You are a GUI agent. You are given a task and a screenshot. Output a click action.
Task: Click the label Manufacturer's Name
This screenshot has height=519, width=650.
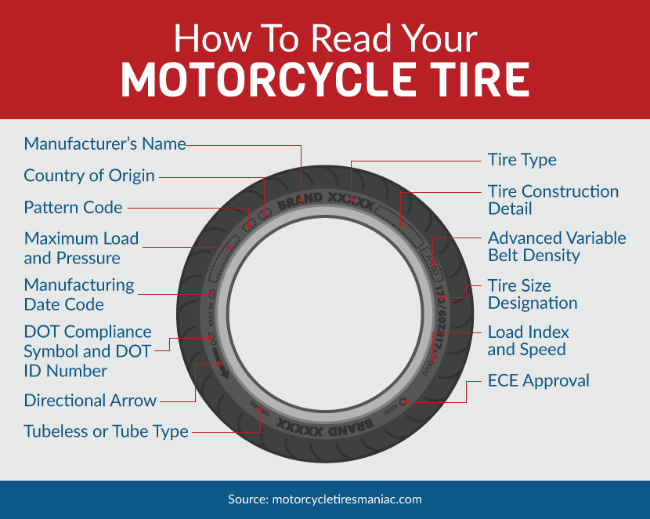click(105, 144)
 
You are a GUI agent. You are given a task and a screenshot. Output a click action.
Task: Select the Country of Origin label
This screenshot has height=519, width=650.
click(89, 176)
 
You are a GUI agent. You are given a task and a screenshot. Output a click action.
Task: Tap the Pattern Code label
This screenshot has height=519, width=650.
click(73, 208)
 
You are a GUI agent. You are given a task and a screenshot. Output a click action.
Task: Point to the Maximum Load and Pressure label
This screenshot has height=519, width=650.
click(81, 248)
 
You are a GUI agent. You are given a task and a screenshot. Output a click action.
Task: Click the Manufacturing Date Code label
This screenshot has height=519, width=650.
click(79, 294)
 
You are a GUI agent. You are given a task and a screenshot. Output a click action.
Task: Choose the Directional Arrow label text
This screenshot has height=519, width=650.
click(90, 401)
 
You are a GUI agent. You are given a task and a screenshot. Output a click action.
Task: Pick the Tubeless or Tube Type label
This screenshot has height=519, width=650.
click(106, 431)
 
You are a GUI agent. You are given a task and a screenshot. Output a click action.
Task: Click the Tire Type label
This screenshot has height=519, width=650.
click(522, 160)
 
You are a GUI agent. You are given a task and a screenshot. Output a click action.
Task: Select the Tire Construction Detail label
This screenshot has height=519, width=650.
click(553, 200)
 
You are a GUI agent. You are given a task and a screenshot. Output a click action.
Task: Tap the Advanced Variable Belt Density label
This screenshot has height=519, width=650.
click(557, 246)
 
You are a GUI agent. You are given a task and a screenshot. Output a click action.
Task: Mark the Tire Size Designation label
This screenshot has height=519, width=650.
click(533, 294)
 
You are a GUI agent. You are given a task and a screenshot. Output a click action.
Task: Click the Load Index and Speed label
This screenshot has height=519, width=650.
click(528, 340)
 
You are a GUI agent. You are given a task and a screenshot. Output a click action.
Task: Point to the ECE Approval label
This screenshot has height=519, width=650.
click(538, 381)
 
